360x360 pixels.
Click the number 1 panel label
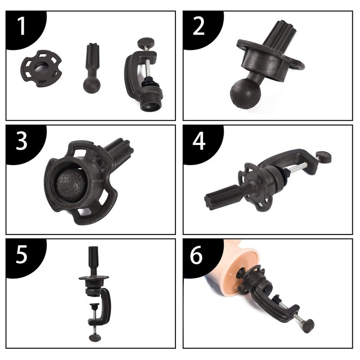(x=21, y=27)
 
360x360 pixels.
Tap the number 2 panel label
(x=198, y=27)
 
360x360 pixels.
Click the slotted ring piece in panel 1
(x=41, y=69)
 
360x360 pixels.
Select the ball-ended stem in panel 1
(x=92, y=68)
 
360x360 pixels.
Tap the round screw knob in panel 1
(x=146, y=43)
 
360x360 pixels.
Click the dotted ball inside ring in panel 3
(x=72, y=185)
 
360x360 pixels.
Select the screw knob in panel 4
(x=324, y=157)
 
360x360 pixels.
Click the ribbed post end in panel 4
(x=220, y=197)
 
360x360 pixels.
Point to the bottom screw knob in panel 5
(x=95, y=337)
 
